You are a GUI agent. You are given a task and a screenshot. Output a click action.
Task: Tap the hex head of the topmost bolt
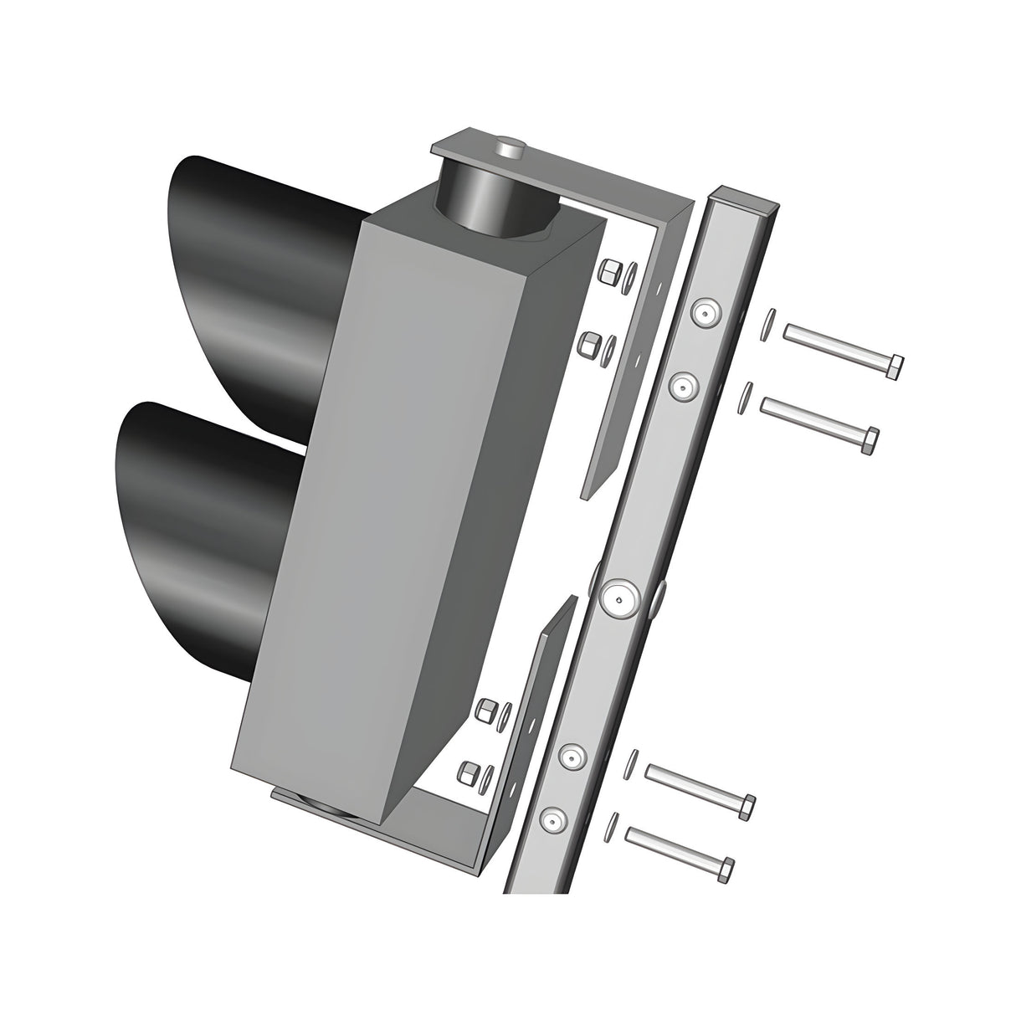[895, 367]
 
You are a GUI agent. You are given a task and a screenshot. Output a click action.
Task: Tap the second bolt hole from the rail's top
[685, 386]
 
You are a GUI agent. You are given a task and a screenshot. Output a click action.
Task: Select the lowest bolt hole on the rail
[551, 821]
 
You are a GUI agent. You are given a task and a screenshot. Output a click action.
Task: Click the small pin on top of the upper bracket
[508, 149]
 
